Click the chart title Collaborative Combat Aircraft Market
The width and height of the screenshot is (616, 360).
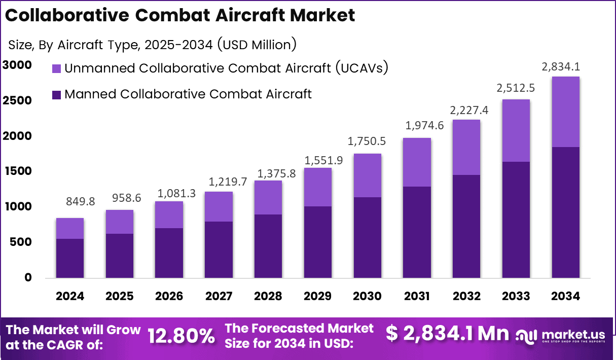pyautogui.click(x=180, y=15)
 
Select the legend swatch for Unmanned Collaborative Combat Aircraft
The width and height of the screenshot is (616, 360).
pyautogui.click(x=56, y=68)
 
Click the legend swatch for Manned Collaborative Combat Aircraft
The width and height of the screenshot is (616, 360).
pyautogui.click(x=56, y=94)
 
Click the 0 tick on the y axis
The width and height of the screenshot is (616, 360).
pyautogui.click(x=27, y=278)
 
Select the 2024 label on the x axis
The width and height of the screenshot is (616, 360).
pyautogui.click(x=70, y=296)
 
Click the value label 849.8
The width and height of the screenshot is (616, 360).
pyautogui.click(x=80, y=202)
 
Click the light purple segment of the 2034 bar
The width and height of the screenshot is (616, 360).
pyautogui.click(x=565, y=112)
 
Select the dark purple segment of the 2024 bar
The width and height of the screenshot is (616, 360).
pyautogui.click(x=70, y=259)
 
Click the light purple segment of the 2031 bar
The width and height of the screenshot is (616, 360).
pyautogui.click(x=417, y=162)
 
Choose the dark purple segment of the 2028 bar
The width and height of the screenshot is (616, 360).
pyautogui.click(x=268, y=246)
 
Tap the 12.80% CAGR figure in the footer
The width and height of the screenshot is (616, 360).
pyautogui.click(x=181, y=336)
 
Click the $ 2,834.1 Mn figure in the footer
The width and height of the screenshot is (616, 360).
pyautogui.click(x=447, y=334)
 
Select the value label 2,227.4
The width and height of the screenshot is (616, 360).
pyautogui.click(x=466, y=110)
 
